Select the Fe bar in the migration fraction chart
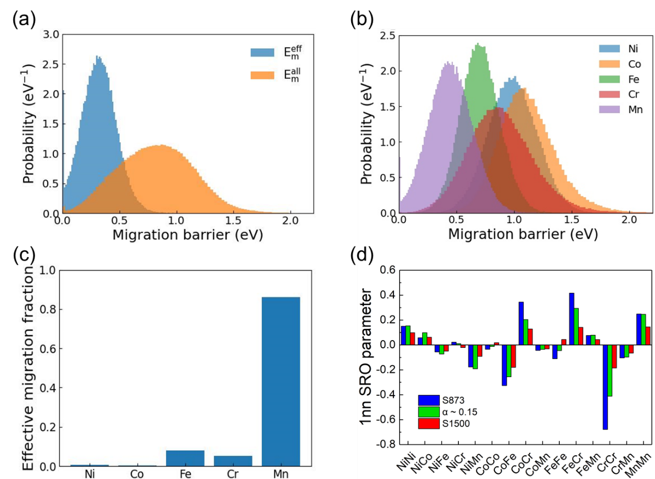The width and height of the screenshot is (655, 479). [x=186, y=458]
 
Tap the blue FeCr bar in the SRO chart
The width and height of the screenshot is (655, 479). [x=572, y=319]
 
